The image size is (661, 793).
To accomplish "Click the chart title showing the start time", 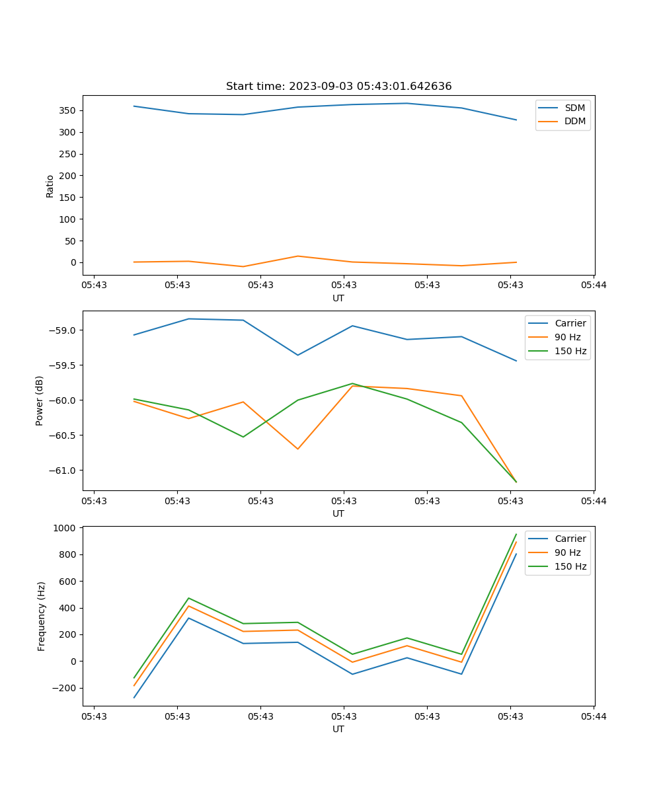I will coord(338,87).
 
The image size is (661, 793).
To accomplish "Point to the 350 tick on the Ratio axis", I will coord(69,110).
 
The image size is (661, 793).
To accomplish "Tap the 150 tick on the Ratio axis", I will coord(69,198).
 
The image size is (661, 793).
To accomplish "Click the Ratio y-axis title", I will coord(50,186).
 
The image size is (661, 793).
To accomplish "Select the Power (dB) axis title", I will coord(40,400).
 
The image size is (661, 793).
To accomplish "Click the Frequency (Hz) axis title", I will coord(42,616).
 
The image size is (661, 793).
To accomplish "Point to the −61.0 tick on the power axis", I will coord(65,471).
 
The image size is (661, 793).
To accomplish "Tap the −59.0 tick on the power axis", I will coord(65,330).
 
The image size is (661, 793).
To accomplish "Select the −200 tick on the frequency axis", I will coord(65,688).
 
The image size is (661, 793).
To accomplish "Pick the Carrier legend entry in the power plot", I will coord(570,323).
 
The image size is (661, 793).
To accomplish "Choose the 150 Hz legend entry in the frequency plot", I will coord(570,566).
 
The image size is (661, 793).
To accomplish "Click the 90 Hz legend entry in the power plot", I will coord(567,337).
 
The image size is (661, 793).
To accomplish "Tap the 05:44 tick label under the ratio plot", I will coord(594,285).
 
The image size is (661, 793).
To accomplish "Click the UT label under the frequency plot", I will coord(338,729).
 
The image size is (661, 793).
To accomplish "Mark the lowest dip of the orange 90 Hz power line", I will coord(298,449).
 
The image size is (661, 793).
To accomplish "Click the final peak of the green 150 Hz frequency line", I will coord(516,534).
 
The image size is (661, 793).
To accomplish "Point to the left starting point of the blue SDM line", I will coord(134,106).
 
